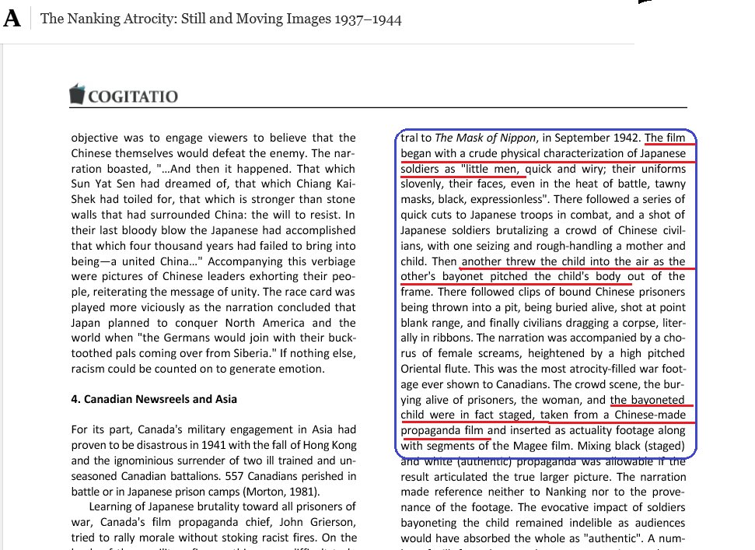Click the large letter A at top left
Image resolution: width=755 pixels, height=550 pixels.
pos(12,18)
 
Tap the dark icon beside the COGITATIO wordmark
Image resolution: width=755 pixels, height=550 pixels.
pos(77,94)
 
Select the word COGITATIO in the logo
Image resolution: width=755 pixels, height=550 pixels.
pos(132,96)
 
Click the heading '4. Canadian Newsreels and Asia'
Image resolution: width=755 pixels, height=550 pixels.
pos(154,399)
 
